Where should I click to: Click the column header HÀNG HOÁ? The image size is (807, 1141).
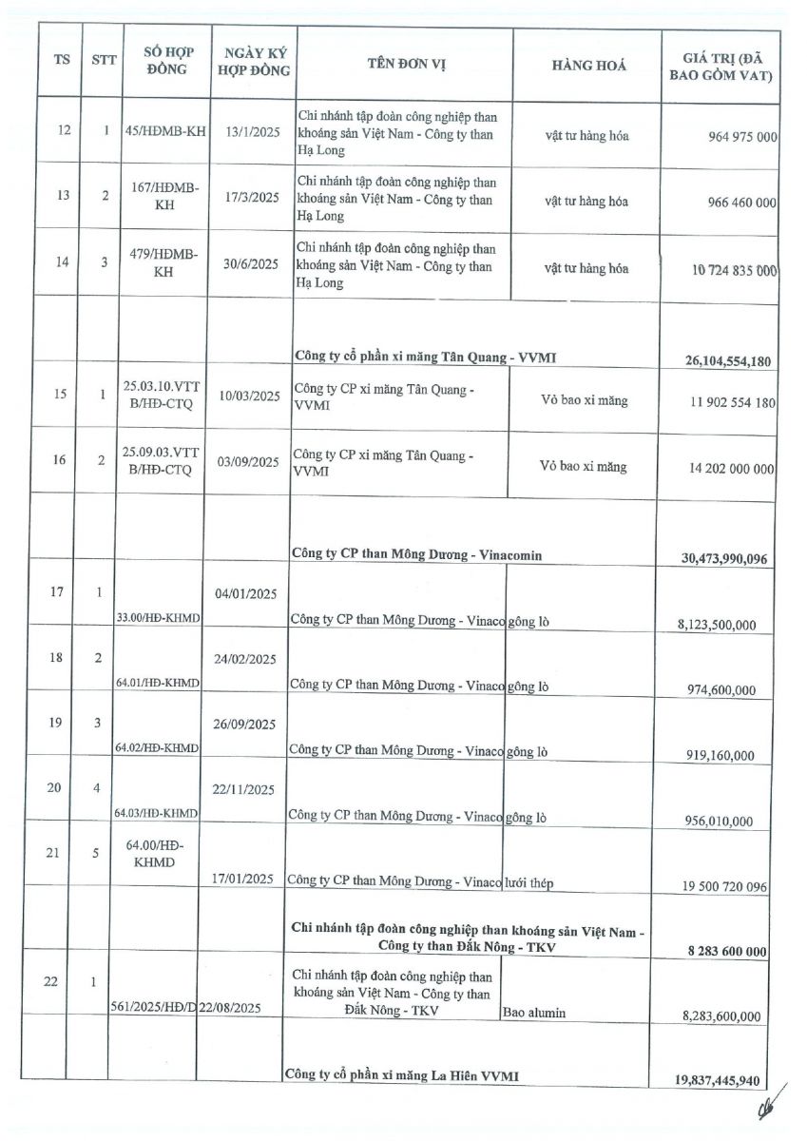(x=588, y=66)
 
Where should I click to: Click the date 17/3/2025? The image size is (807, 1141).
(x=251, y=202)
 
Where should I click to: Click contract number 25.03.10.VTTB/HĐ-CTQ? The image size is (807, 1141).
(x=159, y=395)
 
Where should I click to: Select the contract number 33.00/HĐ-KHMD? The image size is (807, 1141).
(x=158, y=618)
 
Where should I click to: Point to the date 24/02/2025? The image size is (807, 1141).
(x=244, y=659)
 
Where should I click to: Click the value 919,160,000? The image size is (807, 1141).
(x=719, y=756)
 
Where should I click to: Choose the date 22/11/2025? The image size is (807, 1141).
(x=244, y=789)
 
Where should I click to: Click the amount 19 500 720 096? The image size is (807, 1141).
(x=723, y=886)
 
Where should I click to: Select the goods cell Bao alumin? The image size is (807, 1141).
(x=533, y=1013)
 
